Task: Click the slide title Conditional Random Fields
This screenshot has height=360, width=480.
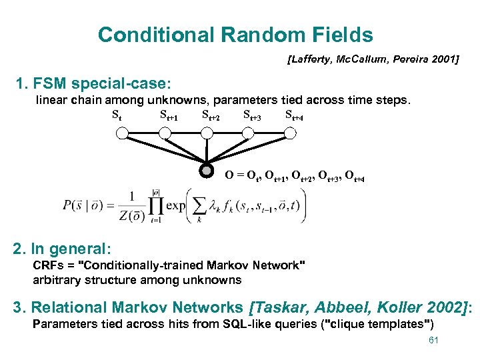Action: click(235, 35)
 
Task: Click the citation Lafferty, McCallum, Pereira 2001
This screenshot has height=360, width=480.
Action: click(373, 60)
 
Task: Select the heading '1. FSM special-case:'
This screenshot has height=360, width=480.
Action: click(94, 85)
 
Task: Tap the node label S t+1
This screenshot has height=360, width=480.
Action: click(169, 116)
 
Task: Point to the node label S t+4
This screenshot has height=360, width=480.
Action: click(294, 116)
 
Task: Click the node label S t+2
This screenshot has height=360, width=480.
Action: click(211, 116)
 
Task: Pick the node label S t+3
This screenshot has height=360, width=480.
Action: click(252, 116)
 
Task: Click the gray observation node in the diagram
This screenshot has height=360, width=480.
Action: click(207, 171)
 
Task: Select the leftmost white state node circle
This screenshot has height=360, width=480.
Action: click(121, 133)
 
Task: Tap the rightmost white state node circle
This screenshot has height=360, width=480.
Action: click(289, 133)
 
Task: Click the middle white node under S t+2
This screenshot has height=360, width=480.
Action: click(207, 133)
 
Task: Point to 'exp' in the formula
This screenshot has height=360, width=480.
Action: click(175, 206)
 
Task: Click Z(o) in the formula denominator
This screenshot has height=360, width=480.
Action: click(135, 214)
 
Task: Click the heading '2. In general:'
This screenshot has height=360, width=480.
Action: click(61, 249)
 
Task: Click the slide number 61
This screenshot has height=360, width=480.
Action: click(433, 341)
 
